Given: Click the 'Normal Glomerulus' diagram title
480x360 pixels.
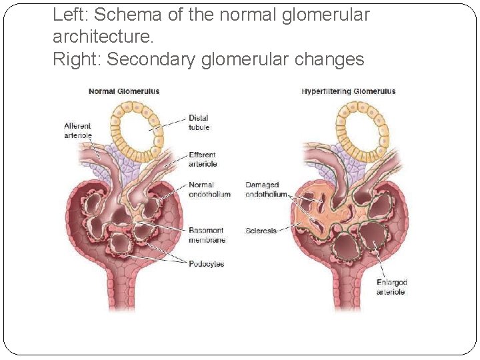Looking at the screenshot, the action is [124, 91].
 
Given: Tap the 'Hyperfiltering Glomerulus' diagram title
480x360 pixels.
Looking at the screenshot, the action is [348, 91].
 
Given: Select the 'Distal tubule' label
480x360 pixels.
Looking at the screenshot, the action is [199, 123].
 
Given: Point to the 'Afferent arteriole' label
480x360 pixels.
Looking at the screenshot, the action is [77, 131].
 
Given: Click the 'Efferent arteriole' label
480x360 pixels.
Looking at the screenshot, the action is [202, 159].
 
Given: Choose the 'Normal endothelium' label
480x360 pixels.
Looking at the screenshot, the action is [209, 189].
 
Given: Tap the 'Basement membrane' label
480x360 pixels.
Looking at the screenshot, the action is [207, 235].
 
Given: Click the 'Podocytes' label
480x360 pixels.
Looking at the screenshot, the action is [206, 264].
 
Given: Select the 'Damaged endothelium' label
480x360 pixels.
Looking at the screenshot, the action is [265, 189].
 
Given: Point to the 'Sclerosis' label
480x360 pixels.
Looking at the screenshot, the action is [261, 231].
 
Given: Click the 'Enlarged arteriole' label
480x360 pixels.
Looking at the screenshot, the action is [391, 287].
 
